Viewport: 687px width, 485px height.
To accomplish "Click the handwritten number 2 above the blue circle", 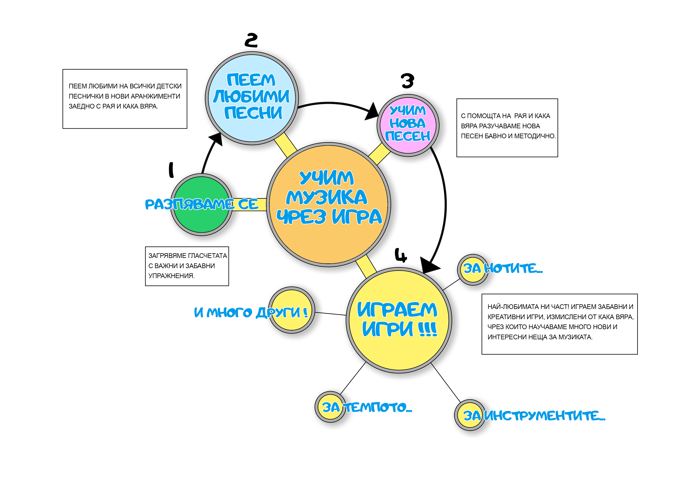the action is [x=251, y=40].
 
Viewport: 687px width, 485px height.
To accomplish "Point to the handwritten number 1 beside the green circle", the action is [x=171, y=170].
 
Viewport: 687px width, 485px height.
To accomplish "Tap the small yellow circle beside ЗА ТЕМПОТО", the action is [x=331, y=407].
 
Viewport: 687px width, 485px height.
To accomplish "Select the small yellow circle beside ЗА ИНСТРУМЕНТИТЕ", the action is [x=470, y=415].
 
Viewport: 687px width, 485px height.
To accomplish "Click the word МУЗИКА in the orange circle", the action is [x=326, y=197].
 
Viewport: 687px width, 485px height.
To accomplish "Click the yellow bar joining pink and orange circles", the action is [x=379, y=154].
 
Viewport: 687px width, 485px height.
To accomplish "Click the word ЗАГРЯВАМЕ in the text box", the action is [x=168, y=256].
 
